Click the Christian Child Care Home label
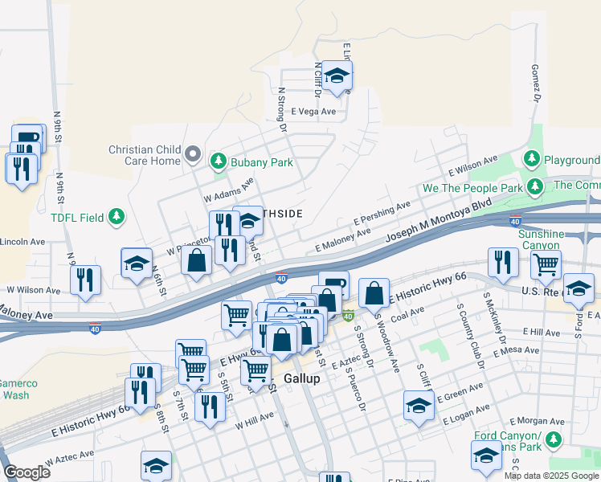145,155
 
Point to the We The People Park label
472,189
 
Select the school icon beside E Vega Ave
337,76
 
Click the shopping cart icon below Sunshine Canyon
546,263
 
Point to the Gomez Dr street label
535,84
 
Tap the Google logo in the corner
27,472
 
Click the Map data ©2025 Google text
551,476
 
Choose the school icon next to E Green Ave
418,406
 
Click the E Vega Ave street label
313,112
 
